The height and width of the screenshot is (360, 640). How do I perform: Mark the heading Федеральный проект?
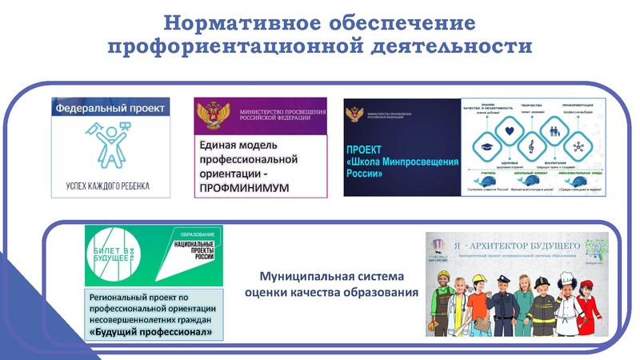[x=110, y=107]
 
